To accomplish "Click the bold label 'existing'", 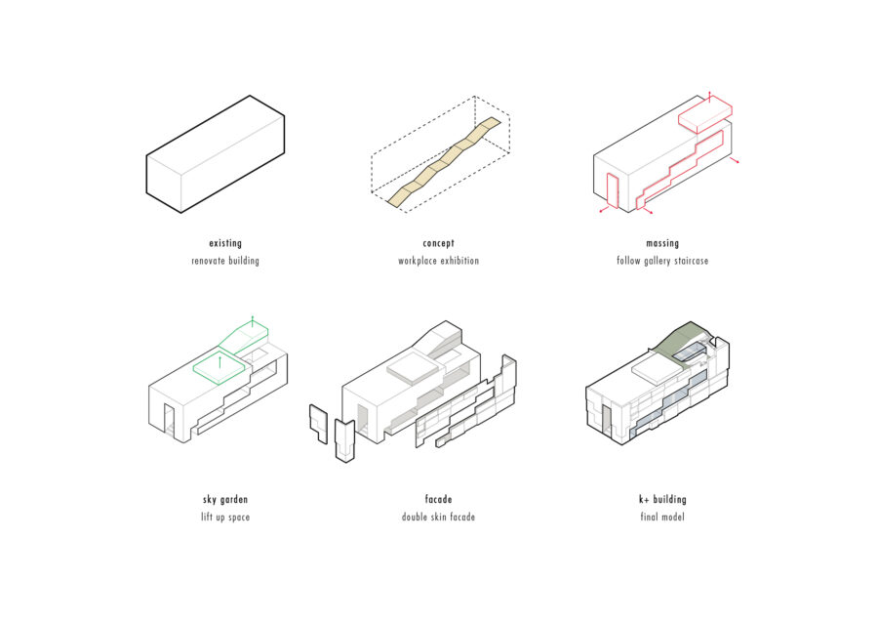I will point(225,243).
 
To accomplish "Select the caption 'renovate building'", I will point(225,261).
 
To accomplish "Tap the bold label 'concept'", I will point(438,243).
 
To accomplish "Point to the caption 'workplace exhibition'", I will point(438,261).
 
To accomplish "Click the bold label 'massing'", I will point(662,243).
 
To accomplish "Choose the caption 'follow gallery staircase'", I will point(662,261).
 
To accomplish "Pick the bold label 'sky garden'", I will point(225,499).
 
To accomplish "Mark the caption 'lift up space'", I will point(225,517).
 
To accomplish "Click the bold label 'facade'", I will point(438,499).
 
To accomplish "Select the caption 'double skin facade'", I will point(438,517).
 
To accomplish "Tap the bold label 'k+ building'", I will point(662,499).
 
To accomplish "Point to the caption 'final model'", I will point(662,517).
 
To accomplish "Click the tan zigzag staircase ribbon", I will point(445,161).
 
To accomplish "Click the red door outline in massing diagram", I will point(612,190).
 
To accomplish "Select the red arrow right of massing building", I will point(737,160).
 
